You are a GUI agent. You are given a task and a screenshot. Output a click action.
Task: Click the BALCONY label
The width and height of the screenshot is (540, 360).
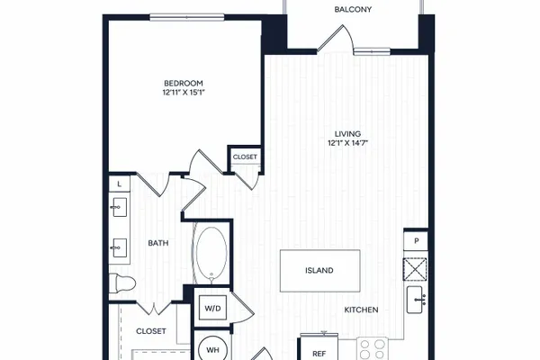[x=353, y=9]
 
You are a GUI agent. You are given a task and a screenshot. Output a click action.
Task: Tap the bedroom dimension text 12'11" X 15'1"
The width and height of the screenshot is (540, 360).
[x=184, y=93]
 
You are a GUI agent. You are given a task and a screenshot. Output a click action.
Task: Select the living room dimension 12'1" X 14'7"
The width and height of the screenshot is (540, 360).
[x=347, y=143]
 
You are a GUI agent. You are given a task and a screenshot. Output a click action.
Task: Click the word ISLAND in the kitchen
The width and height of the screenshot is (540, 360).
[x=319, y=270]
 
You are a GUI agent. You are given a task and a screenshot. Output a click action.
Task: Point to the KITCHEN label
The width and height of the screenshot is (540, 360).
[x=361, y=310]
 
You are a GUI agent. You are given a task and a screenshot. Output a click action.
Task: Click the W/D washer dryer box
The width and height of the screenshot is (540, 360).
[x=212, y=308]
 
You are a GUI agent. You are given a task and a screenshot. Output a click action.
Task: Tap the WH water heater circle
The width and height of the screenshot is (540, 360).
[x=212, y=349]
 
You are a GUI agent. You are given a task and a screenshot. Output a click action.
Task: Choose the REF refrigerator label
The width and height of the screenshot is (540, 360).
[x=319, y=354]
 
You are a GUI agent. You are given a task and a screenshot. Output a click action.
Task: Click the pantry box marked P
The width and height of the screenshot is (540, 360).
[x=416, y=241]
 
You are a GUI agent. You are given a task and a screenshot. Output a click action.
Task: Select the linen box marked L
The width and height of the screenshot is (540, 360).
[x=120, y=184]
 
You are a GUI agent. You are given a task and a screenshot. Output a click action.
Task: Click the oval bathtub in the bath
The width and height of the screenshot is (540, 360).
[x=211, y=253]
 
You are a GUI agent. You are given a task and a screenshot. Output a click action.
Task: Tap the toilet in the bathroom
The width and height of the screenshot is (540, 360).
[x=122, y=283]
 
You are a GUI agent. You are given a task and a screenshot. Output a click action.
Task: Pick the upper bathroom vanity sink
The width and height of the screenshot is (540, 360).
[x=119, y=207]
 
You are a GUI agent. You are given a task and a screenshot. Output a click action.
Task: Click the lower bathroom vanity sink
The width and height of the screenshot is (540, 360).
[x=119, y=247]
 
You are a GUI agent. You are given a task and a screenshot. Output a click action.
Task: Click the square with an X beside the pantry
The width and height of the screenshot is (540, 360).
[x=415, y=269]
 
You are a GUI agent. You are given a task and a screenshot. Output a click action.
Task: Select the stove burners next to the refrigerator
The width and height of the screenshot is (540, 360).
[x=373, y=348]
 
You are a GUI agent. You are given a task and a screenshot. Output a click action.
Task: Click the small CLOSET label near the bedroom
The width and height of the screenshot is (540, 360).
[x=245, y=157]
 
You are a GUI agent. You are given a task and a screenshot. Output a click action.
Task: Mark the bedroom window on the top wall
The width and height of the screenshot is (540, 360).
[x=187, y=17]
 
